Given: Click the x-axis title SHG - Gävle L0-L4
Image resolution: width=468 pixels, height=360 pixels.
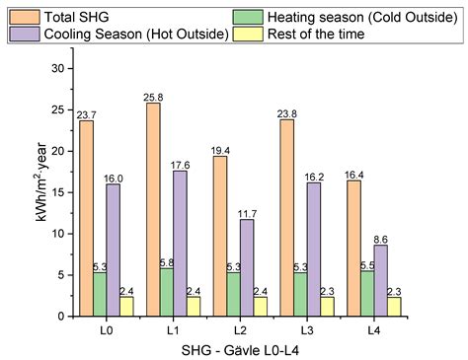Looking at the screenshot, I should pos(251,350).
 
